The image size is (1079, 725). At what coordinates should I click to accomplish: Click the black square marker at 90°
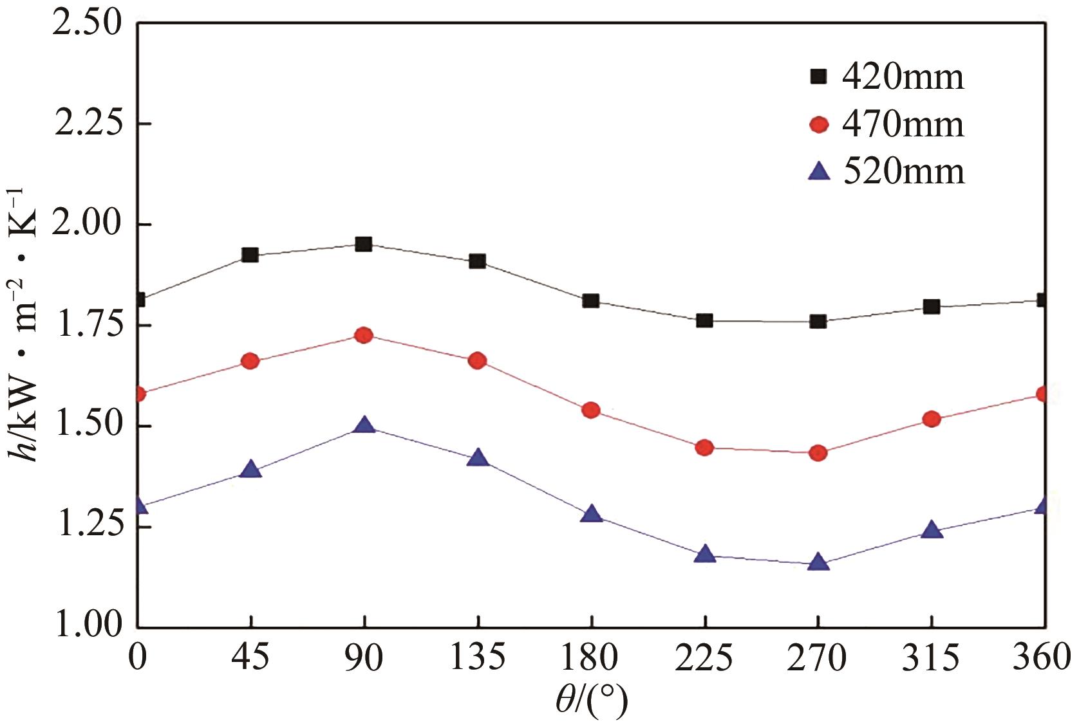click(364, 244)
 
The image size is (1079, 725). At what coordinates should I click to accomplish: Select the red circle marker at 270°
click(818, 453)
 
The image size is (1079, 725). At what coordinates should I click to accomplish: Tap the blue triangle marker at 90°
click(364, 425)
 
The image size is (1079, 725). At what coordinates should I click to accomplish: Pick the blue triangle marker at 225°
click(705, 555)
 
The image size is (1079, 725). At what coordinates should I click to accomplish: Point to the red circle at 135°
click(478, 361)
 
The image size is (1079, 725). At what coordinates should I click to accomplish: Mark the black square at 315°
click(932, 307)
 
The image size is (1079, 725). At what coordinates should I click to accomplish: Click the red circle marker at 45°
click(250, 361)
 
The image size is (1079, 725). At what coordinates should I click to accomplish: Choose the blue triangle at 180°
click(591, 515)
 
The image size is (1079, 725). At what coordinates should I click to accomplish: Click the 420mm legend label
click(903, 77)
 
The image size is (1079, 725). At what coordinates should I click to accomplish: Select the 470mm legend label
click(903, 124)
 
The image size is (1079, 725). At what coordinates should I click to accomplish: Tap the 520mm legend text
click(903, 172)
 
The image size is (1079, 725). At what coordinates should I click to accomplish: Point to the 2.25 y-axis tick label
click(88, 124)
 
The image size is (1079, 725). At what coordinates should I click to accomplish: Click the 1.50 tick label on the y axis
click(88, 426)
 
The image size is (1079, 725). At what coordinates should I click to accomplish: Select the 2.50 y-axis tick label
click(88, 23)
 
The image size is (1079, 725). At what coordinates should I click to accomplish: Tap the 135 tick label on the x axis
click(478, 659)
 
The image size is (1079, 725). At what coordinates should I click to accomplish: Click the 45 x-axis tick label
click(250, 659)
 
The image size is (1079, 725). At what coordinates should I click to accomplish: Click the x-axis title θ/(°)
click(591, 702)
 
